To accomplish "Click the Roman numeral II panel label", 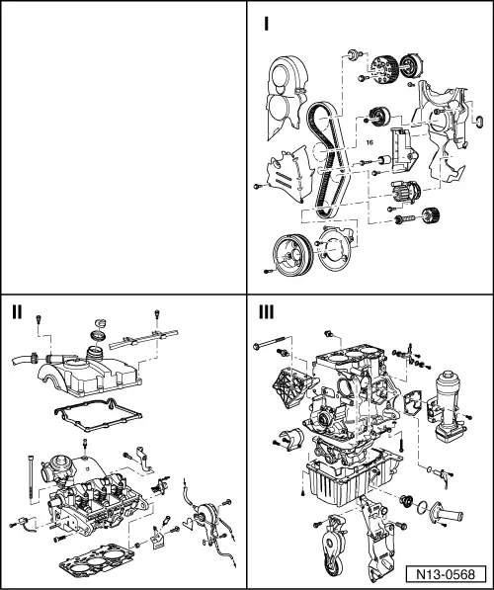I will point(17,312).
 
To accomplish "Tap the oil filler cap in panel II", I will point(99,325).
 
